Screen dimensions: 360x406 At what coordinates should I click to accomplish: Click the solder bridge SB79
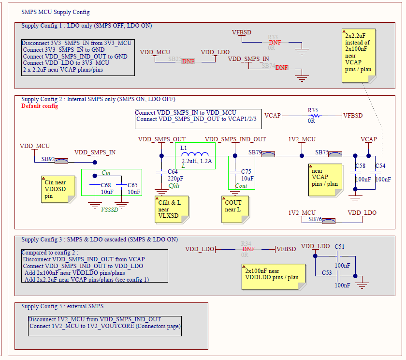click(268, 154)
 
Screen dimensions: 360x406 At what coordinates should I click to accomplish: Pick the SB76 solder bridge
click(329, 221)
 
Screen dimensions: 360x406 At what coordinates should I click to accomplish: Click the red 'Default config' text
click(40, 106)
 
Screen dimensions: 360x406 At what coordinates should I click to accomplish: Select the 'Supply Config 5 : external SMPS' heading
click(62, 306)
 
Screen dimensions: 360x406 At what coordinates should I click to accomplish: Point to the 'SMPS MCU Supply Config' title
click(56, 12)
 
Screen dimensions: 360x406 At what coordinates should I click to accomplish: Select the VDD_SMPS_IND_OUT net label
click(235, 139)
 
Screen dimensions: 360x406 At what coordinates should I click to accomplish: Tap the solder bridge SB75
click(335, 154)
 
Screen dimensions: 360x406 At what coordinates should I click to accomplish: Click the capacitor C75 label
click(246, 172)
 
